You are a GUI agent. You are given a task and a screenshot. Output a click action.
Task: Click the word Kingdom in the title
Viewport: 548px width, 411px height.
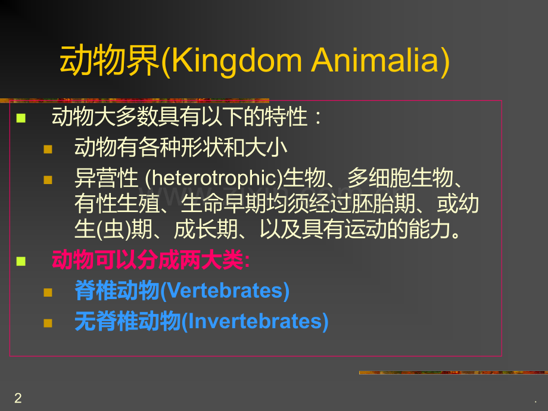coord(236,61)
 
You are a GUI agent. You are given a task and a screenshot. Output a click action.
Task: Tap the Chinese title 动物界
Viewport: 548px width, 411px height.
coord(110,61)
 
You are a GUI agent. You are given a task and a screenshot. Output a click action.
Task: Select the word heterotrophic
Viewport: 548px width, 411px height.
coord(213,178)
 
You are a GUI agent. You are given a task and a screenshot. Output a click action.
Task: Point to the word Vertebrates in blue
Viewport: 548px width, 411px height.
coord(224,291)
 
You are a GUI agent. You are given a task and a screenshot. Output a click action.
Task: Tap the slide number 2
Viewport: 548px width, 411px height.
coord(18,398)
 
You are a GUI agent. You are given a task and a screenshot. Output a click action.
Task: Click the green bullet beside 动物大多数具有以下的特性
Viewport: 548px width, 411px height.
coord(21,118)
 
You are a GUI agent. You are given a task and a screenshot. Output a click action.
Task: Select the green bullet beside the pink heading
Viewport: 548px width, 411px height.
coord(21,261)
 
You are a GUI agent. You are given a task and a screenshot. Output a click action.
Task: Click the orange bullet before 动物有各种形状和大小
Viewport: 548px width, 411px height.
coord(48,150)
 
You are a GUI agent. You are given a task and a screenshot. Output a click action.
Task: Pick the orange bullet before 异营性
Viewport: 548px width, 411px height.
coord(48,180)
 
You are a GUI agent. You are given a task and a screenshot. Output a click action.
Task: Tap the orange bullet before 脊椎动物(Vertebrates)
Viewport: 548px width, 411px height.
coord(48,292)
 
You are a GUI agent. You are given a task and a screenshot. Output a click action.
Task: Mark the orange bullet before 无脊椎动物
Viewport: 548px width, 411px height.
coord(48,323)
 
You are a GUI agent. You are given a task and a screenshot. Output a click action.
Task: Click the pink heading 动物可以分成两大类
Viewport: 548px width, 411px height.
coord(151,260)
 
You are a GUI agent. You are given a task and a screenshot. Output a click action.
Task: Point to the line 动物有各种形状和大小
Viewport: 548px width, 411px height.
coord(180,147)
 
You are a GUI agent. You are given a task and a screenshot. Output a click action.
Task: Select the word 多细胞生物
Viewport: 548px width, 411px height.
coord(400,178)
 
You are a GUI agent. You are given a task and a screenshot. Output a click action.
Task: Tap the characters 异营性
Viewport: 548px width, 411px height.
coord(106,178)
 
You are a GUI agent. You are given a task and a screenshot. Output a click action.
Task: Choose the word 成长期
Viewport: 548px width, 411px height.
coord(206,229)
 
